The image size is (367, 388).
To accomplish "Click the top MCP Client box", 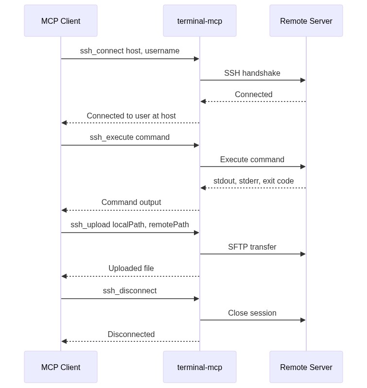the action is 61,21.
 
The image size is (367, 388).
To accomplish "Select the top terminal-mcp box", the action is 200,21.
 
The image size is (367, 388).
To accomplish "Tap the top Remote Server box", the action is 306,21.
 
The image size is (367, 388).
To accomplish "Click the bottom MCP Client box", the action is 61,367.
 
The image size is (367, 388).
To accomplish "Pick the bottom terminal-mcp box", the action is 200,367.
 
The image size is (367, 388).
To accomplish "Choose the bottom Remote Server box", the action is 306,367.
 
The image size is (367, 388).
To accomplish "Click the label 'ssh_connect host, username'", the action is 130,51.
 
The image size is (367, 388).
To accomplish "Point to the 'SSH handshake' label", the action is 252,73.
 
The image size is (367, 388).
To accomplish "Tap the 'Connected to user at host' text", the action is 131,116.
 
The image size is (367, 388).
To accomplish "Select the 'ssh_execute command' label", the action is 130,137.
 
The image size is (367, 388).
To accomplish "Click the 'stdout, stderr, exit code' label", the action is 254,181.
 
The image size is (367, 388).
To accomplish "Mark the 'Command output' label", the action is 131,202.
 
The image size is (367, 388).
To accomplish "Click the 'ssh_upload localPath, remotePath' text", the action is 130,225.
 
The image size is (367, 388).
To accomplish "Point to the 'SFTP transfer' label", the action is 252,247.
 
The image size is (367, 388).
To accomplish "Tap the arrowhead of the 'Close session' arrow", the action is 303,320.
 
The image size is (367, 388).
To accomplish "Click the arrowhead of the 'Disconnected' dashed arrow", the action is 64,341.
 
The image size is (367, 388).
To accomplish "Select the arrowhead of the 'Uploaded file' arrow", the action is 64,276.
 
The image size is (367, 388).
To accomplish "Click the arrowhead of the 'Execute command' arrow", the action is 303,167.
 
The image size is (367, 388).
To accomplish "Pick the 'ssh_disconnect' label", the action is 130,291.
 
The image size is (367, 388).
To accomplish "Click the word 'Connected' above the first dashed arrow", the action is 254,95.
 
